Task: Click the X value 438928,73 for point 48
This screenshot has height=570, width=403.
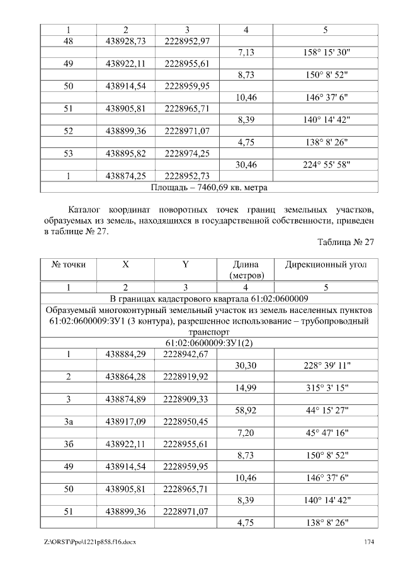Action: [126, 41]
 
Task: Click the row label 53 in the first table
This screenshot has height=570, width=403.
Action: [68, 152]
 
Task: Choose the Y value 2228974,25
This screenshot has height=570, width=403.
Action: [186, 152]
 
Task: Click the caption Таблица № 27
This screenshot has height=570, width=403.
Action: [346, 242]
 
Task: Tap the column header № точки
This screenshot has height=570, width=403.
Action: [68, 265]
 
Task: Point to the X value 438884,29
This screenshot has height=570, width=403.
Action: [126, 354]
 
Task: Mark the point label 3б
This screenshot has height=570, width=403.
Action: [68, 445]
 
